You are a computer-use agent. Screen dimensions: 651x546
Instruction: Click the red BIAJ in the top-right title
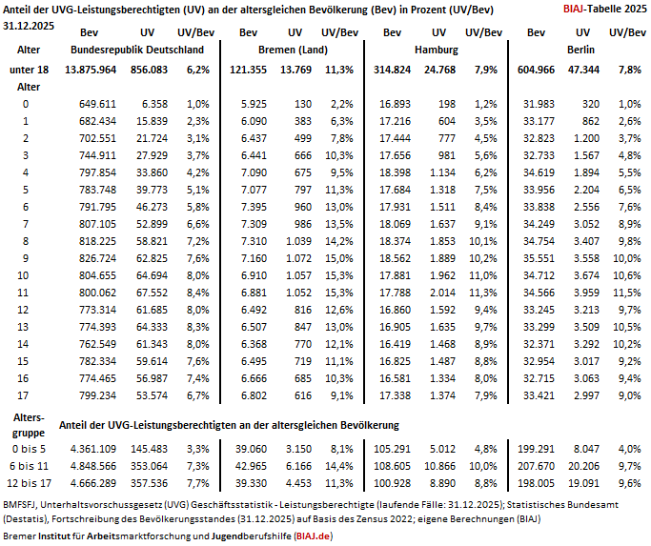point(574,9)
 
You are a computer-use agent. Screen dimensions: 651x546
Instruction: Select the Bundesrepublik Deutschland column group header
point(137,50)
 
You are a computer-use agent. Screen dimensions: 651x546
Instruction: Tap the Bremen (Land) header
point(294,50)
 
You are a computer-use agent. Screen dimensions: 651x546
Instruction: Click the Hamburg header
point(437,50)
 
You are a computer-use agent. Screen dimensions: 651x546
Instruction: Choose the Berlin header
point(580,50)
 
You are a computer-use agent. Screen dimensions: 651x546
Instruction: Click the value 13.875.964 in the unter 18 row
point(91,70)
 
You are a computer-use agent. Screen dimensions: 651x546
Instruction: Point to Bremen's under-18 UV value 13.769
point(295,70)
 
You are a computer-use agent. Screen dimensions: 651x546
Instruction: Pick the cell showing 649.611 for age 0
point(97,104)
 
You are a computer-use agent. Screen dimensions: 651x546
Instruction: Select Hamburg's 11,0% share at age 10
point(483,275)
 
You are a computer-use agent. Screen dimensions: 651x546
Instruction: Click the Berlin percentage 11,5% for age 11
point(627,293)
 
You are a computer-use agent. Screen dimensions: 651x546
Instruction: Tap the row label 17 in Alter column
point(23,395)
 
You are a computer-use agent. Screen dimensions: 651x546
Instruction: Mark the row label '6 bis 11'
point(29,466)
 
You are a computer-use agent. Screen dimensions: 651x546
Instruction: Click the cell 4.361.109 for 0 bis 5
point(93,449)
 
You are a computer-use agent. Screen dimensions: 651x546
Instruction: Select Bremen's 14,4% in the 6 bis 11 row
point(339,466)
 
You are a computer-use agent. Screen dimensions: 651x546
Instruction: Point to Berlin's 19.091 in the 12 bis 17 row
point(583,483)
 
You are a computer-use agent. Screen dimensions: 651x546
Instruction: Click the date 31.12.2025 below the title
point(29,26)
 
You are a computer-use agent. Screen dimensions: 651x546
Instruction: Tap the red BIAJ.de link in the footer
point(313,536)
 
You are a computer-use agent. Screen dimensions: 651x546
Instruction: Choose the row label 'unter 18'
point(29,70)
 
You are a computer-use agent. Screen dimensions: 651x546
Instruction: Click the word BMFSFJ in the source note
point(20,505)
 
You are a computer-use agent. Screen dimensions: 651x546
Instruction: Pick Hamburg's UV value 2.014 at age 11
point(442,293)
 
